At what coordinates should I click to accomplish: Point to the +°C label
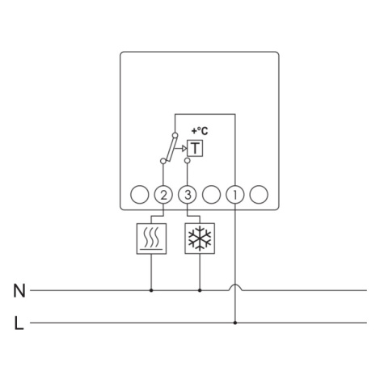point(200,131)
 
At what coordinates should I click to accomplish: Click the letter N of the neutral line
point(19,291)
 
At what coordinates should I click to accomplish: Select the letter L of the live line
point(19,323)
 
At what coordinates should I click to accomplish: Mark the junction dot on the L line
point(235,323)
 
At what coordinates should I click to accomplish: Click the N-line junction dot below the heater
point(151,290)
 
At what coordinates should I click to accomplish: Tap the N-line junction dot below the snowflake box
point(200,290)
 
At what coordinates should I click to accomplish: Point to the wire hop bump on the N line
point(235,285)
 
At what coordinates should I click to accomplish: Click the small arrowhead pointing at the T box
point(184,148)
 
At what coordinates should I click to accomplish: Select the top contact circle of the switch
point(175,135)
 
